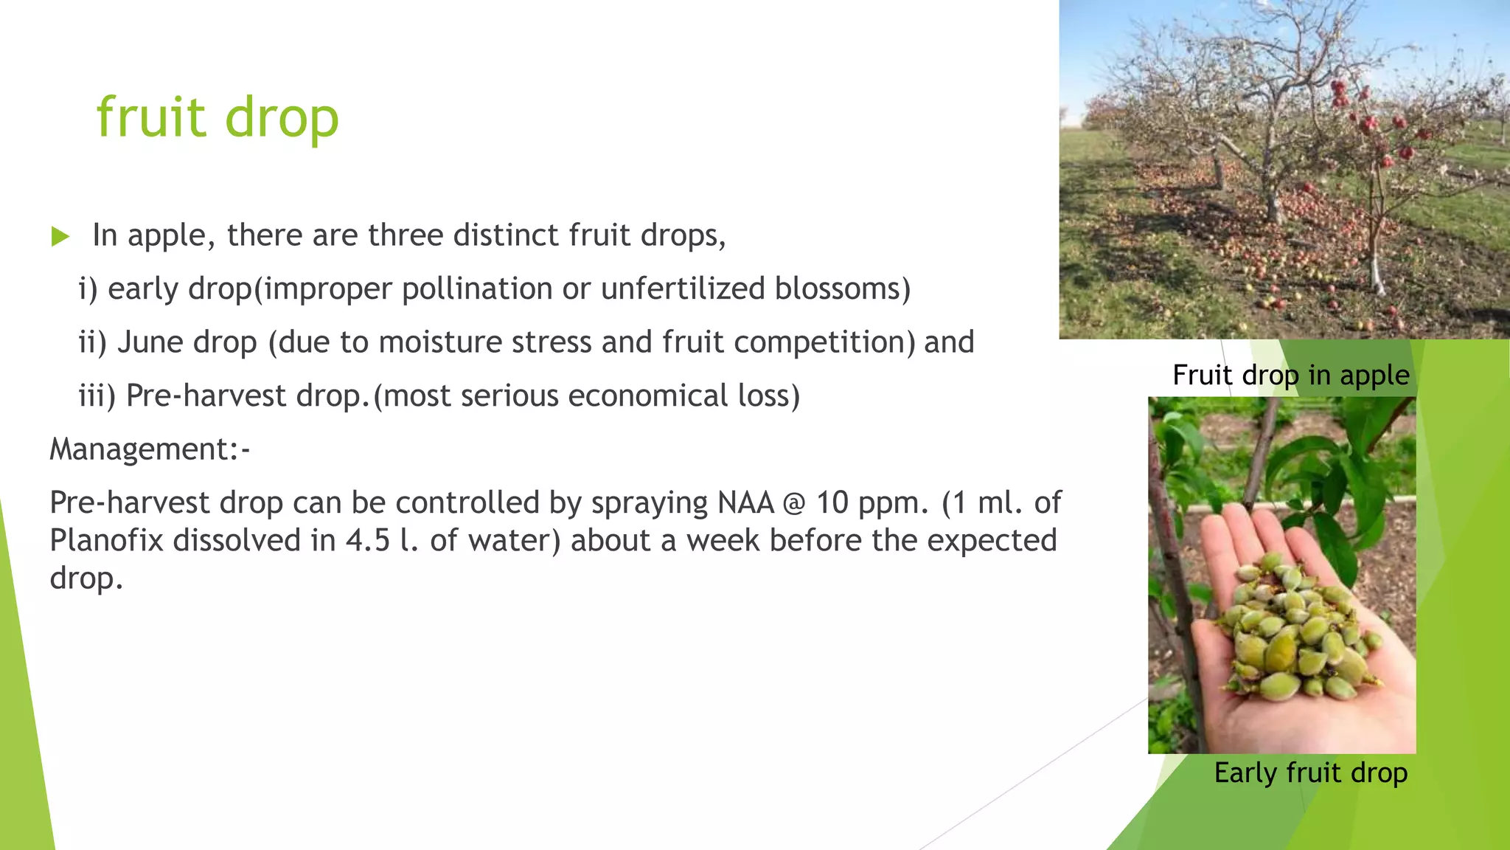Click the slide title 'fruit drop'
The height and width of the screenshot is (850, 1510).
click(218, 118)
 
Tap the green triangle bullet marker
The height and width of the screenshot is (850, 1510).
click(60, 237)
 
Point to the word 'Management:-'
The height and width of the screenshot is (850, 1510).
click(150, 449)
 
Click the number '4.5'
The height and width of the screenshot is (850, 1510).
click(368, 541)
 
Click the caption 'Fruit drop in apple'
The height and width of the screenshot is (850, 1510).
click(1291, 376)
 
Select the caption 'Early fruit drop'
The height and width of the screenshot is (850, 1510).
click(1311, 773)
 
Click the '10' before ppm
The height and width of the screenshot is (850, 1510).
click(832, 503)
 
